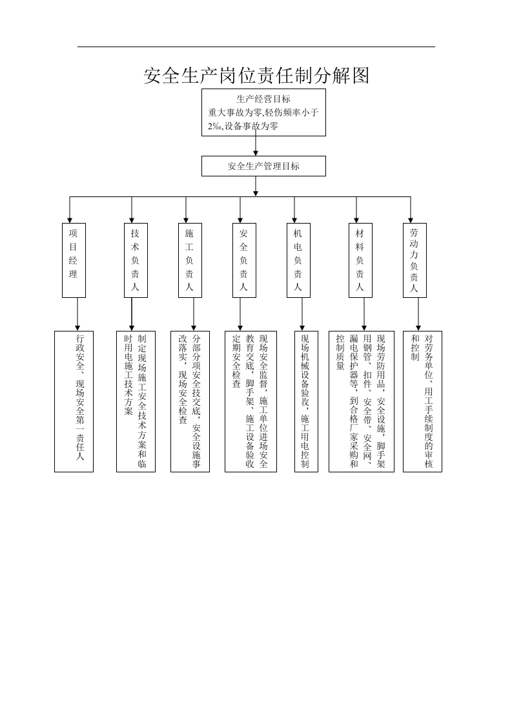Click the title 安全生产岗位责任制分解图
tap(256, 76)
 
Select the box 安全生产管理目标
tap(263, 166)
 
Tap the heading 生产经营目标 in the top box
tap(263, 98)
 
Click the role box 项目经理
tap(74, 260)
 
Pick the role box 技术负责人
tap(136, 260)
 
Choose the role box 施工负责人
tap(190, 260)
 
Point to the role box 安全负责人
tap(244, 260)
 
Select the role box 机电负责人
tap(298, 260)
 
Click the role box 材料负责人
tap(360, 260)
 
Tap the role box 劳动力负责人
tap(415, 260)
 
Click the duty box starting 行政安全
tap(74, 401)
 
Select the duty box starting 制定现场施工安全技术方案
tap(136, 401)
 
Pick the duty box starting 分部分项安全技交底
tap(190, 401)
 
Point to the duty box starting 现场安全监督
tap(251, 401)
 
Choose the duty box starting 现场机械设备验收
tap(307, 401)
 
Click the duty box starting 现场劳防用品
tap(362, 401)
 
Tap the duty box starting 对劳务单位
tap(422, 401)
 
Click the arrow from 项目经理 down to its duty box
tap(77, 315)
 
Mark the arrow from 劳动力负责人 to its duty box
tap(418, 315)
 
